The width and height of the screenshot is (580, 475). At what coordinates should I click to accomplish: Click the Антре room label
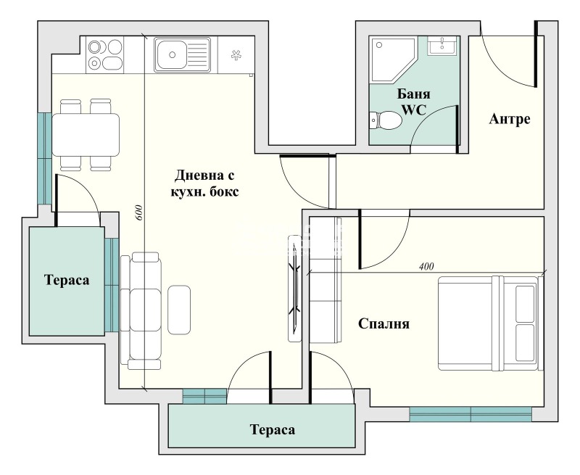pyautogui.click(x=510, y=119)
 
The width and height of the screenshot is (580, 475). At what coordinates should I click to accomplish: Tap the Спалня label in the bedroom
pyautogui.click(x=384, y=323)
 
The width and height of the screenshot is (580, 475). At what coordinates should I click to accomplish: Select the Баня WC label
pyautogui.click(x=413, y=102)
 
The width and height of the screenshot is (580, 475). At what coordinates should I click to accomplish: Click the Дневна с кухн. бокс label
pyautogui.click(x=204, y=183)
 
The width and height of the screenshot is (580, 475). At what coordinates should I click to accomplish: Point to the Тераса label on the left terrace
pyautogui.click(x=67, y=280)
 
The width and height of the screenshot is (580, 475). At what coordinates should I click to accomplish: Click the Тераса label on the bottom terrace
pyautogui.click(x=273, y=430)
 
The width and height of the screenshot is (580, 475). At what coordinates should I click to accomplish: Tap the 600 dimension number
pyautogui.click(x=139, y=212)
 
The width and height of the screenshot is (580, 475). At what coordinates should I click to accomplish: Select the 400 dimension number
pyautogui.click(x=426, y=266)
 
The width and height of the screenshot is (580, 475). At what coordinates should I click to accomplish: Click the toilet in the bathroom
pyautogui.click(x=386, y=120)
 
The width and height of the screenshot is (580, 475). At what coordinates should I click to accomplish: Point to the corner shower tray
pyautogui.click(x=392, y=59)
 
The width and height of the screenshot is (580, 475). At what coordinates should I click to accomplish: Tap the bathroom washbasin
pyautogui.click(x=442, y=46)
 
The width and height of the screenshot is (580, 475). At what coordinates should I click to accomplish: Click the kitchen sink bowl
pyautogui.click(x=171, y=55)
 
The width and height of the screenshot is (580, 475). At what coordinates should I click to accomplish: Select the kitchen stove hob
pyautogui.click(x=105, y=54)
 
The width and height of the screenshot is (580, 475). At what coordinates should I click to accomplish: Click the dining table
pyautogui.click(x=86, y=134)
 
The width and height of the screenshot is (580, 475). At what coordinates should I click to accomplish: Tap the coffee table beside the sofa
pyautogui.click(x=179, y=310)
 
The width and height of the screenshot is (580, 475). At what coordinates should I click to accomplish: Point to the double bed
pyautogui.click(x=491, y=323)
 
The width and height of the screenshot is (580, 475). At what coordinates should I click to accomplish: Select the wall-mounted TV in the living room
pyautogui.click(x=294, y=288)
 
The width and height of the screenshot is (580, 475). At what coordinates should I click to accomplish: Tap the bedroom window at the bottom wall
pyautogui.click(x=471, y=414)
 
